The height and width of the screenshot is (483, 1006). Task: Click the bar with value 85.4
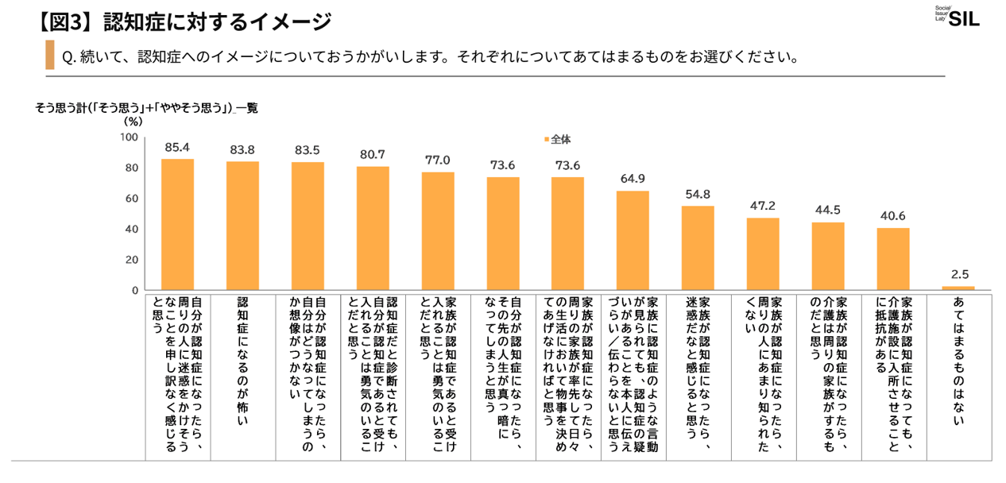[x=177, y=226]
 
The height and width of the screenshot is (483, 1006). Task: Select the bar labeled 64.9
[x=633, y=241]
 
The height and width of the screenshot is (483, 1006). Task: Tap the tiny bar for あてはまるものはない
[x=958, y=288]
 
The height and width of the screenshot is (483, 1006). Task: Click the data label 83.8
[x=242, y=149]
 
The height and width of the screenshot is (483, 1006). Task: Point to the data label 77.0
[x=437, y=160]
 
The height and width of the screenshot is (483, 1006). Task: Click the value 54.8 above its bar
[x=698, y=194]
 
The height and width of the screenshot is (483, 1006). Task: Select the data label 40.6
[x=892, y=215]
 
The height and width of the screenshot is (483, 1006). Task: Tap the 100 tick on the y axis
[x=130, y=138]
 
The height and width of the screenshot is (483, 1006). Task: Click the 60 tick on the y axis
[x=132, y=199]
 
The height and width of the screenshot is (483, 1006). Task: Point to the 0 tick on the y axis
[x=135, y=291]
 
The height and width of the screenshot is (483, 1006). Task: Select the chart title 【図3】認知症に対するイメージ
[x=183, y=21]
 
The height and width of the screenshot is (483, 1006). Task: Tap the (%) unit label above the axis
[x=133, y=122]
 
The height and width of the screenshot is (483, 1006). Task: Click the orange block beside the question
[x=50, y=56]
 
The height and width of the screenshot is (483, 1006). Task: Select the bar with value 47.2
[x=763, y=255]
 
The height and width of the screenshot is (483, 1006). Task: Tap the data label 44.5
[x=827, y=210]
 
